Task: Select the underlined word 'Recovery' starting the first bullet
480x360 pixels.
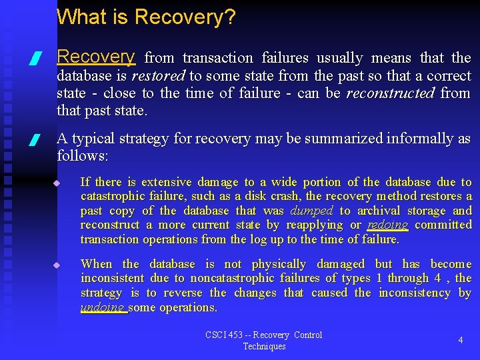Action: (x=96, y=57)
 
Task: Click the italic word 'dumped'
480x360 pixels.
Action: (x=311, y=211)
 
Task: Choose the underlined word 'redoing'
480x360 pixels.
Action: (x=387, y=225)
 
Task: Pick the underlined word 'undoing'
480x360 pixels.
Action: (x=102, y=307)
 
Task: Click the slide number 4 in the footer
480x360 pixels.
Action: (x=460, y=340)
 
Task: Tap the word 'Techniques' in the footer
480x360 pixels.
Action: (x=264, y=346)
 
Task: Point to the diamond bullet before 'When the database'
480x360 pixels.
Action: (x=57, y=265)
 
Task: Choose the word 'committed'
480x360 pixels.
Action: (x=443, y=225)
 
